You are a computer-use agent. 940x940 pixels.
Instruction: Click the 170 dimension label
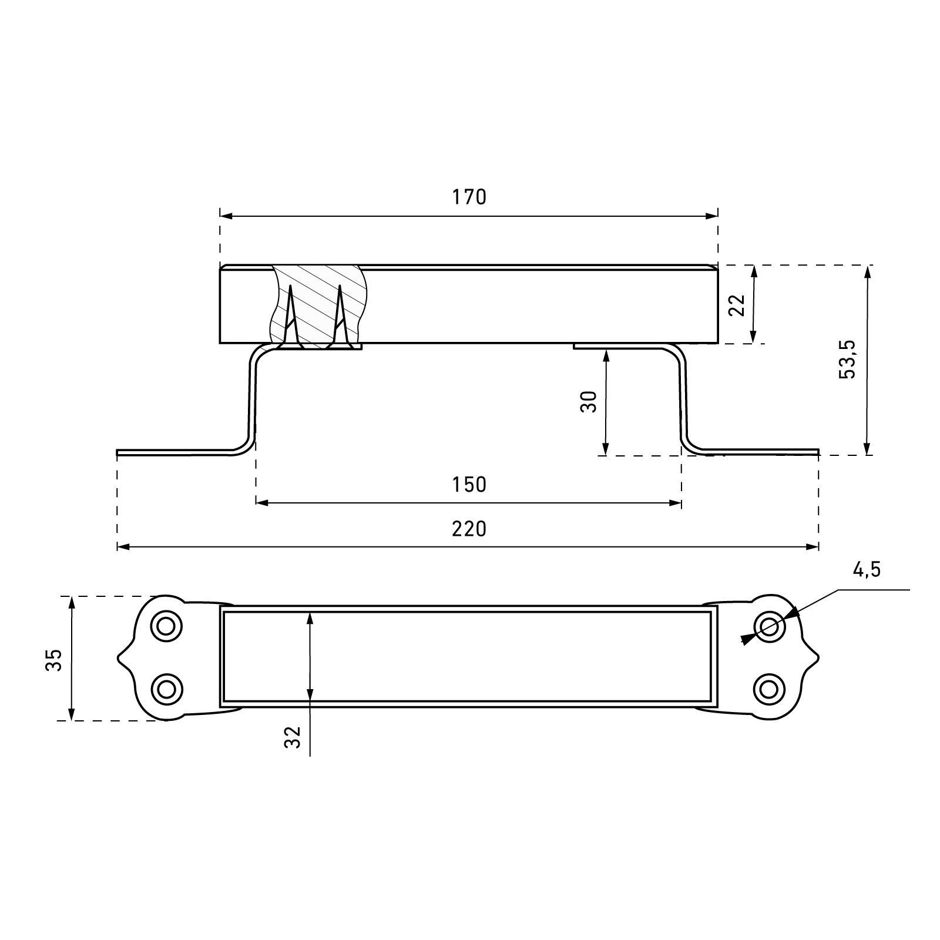pyautogui.click(x=469, y=197)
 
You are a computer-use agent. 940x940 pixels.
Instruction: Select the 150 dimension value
pyautogui.click(x=469, y=485)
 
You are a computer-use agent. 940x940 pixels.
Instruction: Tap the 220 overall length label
pyautogui.click(x=469, y=529)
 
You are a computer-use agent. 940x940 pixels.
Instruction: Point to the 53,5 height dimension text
pyautogui.click(x=848, y=359)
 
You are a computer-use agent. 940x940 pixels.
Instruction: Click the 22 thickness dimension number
pyautogui.click(x=737, y=305)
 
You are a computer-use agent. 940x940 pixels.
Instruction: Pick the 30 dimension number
pyautogui.click(x=589, y=401)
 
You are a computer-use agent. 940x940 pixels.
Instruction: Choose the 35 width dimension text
pyautogui.click(x=54, y=660)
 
